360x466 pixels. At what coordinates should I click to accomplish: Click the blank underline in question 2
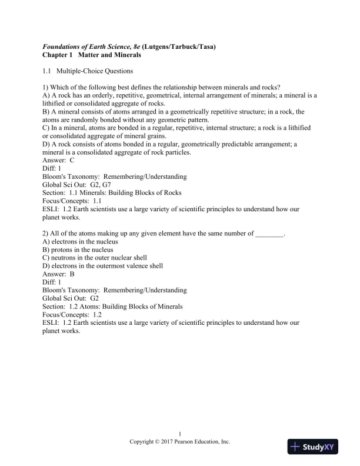click(269, 234)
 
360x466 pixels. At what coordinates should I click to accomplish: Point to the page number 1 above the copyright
click(179, 434)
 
